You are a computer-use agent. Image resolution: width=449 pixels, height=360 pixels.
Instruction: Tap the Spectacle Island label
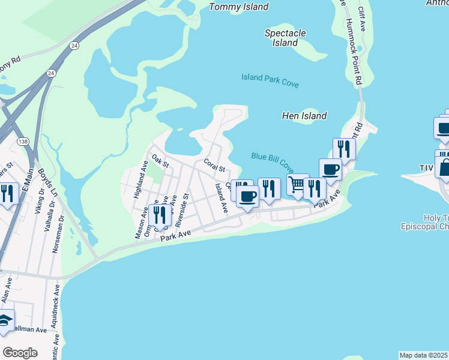pyautogui.click(x=285, y=38)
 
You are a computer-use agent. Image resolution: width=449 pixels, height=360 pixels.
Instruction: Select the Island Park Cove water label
pyautogui.click(x=270, y=80)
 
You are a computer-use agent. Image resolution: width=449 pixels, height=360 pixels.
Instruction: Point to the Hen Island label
pyautogui.click(x=304, y=116)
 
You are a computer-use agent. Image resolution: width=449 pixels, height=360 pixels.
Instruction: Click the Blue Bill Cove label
pyautogui.click(x=272, y=160)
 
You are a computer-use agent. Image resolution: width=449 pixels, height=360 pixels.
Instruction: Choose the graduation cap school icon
pyautogui.click(x=5, y=321)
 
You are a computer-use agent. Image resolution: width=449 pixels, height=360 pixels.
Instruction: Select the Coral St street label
pyautogui.click(x=214, y=164)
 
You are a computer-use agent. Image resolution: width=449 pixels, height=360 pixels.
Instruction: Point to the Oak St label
pyautogui.click(x=160, y=161)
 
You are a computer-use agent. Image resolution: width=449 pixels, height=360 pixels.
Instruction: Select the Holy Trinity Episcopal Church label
pyautogui.click(x=425, y=222)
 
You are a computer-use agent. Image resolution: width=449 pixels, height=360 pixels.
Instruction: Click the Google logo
pyautogui.click(x=20, y=353)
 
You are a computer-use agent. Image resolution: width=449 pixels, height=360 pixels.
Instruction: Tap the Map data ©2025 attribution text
pyautogui.click(x=424, y=355)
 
